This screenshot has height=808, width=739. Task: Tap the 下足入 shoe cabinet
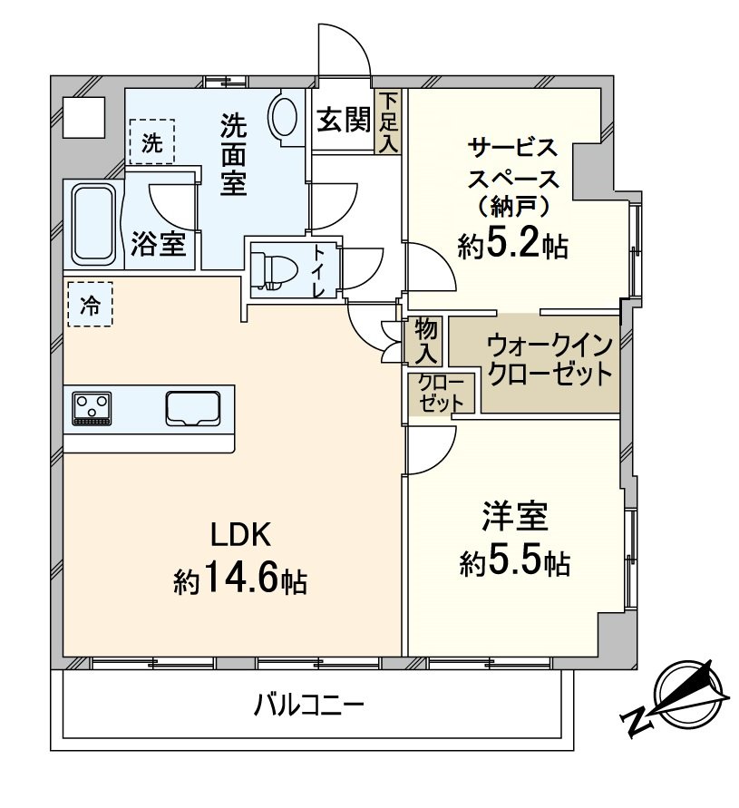tap(389, 122)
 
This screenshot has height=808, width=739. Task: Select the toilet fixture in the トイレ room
tap(273, 268)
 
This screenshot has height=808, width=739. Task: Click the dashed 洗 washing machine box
tap(151, 141)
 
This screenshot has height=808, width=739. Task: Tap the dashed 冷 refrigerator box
tap(90, 305)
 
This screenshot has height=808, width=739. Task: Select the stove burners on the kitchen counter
tap(92, 406)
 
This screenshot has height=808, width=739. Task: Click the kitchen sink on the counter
tap(193, 407)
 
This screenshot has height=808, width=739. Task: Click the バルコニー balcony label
tap(309, 705)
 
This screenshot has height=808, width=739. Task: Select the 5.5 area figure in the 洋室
tap(514, 563)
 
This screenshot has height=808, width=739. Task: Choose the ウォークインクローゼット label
tap(549, 360)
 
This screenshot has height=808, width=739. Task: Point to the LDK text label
tap(241, 535)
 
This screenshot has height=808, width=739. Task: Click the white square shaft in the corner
tap(84, 115)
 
